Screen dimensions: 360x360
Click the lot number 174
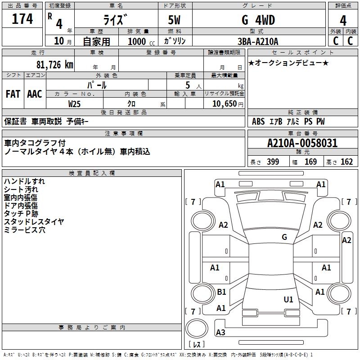[22, 19]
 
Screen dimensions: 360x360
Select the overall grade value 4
[343, 21]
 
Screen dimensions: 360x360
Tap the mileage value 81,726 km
[54, 65]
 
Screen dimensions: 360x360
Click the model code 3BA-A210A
[258, 41]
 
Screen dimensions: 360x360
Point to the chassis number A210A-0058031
[302, 143]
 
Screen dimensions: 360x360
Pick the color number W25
[74, 104]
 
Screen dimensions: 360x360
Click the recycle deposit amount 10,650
[224, 104]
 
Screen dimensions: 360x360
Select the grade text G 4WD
[258, 20]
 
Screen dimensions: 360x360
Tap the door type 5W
[174, 20]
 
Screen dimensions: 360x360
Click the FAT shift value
[13, 94]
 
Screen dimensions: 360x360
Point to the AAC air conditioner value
[35, 94]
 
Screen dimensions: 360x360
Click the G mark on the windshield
[284, 237]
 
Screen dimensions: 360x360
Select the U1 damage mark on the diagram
[288, 299]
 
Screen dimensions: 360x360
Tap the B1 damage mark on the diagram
[221, 292]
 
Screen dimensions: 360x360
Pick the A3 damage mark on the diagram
[220, 332]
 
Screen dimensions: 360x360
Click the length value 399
[273, 162]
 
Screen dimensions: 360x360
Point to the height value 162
[346, 162]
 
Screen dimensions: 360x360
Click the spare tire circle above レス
[197, 328]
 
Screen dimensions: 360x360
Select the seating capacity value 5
[188, 85]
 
